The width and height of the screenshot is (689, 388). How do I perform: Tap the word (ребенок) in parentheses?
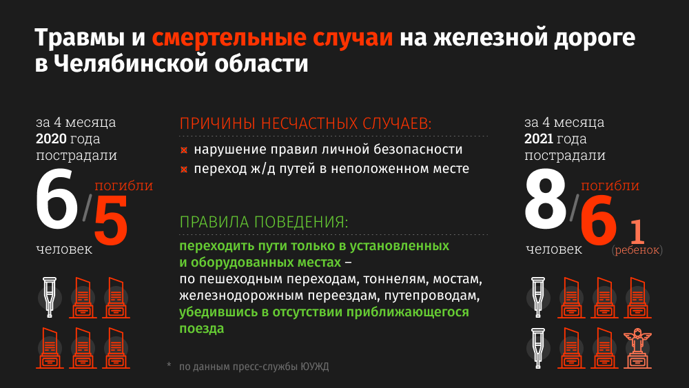(637, 250)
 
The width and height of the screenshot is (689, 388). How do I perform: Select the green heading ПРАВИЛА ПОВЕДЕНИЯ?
(263, 223)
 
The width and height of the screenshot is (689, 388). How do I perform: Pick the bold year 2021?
(542, 139)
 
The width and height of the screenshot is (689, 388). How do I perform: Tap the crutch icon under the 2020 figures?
(48, 296)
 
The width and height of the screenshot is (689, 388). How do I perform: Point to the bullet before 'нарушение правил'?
(184, 150)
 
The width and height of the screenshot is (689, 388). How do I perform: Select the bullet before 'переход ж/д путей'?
(184, 170)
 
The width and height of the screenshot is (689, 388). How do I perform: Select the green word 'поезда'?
(202, 329)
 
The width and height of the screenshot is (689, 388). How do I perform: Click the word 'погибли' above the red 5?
(123, 185)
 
